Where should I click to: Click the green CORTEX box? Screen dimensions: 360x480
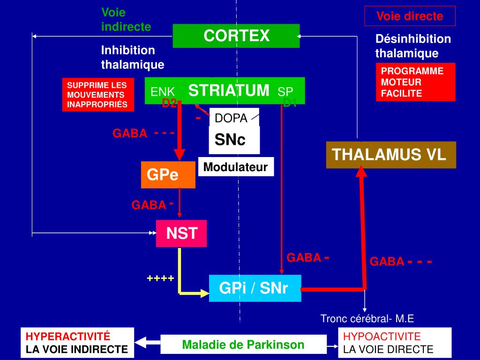pyautogui.click(x=236, y=36)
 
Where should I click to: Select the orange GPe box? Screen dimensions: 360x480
pyautogui.click(x=168, y=175)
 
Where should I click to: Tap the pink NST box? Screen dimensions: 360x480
pyautogui.click(x=181, y=233)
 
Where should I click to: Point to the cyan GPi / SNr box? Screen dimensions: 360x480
pyautogui.click(x=254, y=289)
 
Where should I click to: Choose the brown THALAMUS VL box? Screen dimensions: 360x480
pyautogui.click(x=391, y=155)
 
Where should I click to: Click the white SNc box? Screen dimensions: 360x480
pyautogui.click(x=234, y=139)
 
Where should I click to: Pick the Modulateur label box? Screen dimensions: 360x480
pyautogui.click(x=236, y=167)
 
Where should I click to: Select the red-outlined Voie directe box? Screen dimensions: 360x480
pyautogui.click(x=410, y=16)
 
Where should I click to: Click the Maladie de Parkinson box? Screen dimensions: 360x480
pyautogui.click(x=243, y=345)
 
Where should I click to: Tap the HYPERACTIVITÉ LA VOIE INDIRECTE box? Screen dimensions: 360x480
pyautogui.click(x=77, y=343)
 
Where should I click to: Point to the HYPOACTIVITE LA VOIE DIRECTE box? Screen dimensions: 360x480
pyautogui.click(x=395, y=343)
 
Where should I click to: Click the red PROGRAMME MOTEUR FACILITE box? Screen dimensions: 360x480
pyautogui.click(x=415, y=82)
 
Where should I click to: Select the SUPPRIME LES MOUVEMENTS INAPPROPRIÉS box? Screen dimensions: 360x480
pyautogui.click(x=98, y=95)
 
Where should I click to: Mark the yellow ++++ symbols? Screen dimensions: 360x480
pyautogui.click(x=160, y=278)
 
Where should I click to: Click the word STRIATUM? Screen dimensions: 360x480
pyautogui.click(x=229, y=90)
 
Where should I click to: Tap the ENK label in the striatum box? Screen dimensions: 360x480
pyautogui.click(x=163, y=92)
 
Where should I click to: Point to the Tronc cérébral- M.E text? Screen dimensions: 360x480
pyautogui.click(x=367, y=319)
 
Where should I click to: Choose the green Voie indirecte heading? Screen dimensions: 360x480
pyautogui.click(x=126, y=20)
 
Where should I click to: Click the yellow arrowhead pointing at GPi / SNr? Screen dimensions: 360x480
pyautogui.click(x=204, y=293)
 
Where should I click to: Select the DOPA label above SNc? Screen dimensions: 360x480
pyautogui.click(x=231, y=118)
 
